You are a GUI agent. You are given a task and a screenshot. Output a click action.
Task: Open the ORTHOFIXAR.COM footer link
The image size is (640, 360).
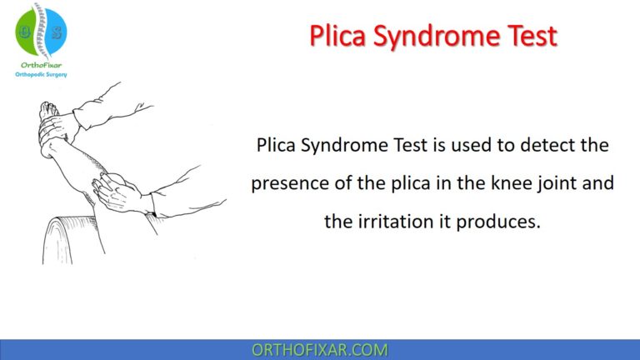(x=319, y=350)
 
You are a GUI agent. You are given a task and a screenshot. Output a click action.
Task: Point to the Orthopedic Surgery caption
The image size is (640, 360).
(x=41, y=74)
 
